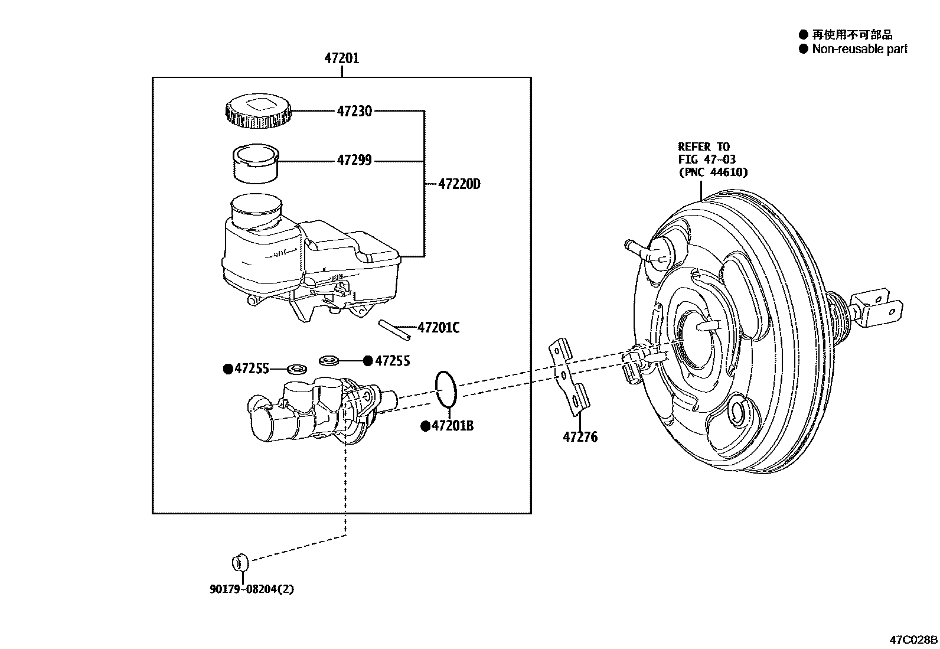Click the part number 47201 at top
point(341,58)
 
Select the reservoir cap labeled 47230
point(257,111)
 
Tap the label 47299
point(354,160)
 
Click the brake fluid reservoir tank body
point(307,260)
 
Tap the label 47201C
point(438,328)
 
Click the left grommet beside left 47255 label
point(296,370)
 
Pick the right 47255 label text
point(392,361)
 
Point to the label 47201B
point(452,426)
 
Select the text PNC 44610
point(713,172)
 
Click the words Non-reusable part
point(859,49)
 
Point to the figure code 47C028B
point(913,640)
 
